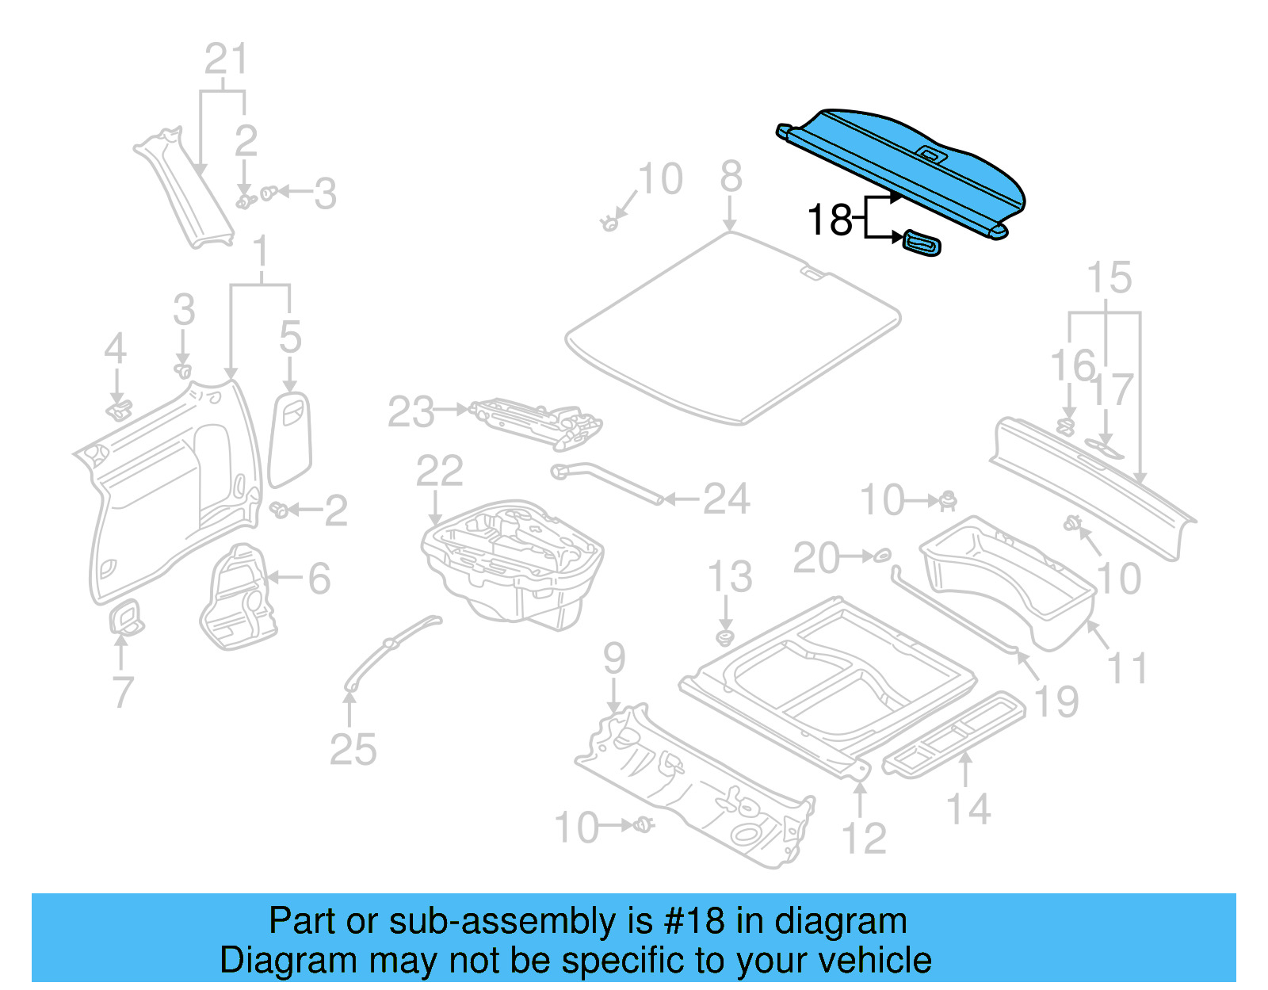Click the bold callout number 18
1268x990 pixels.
click(x=829, y=220)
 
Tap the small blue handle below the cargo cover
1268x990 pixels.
click(x=922, y=243)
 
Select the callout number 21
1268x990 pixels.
click(x=226, y=59)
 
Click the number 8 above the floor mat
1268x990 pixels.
click(x=731, y=177)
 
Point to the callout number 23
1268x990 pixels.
click(x=411, y=412)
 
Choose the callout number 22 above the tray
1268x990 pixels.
click(x=439, y=472)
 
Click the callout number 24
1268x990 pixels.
click(x=726, y=499)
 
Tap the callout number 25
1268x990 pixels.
click(x=353, y=749)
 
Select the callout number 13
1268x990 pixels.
click(x=729, y=577)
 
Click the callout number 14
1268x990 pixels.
click(x=968, y=809)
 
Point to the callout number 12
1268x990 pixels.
click(x=863, y=838)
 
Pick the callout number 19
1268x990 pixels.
click(x=1056, y=701)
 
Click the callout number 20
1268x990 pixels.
click(x=815, y=558)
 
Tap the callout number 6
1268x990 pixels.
click(x=319, y=579)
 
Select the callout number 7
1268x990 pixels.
click(x=122, y=693)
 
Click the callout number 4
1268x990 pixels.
click(x=116, y=349)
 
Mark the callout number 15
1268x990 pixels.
click(x=1109, y=277)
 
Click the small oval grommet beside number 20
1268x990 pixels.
click(x=882, y=556)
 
